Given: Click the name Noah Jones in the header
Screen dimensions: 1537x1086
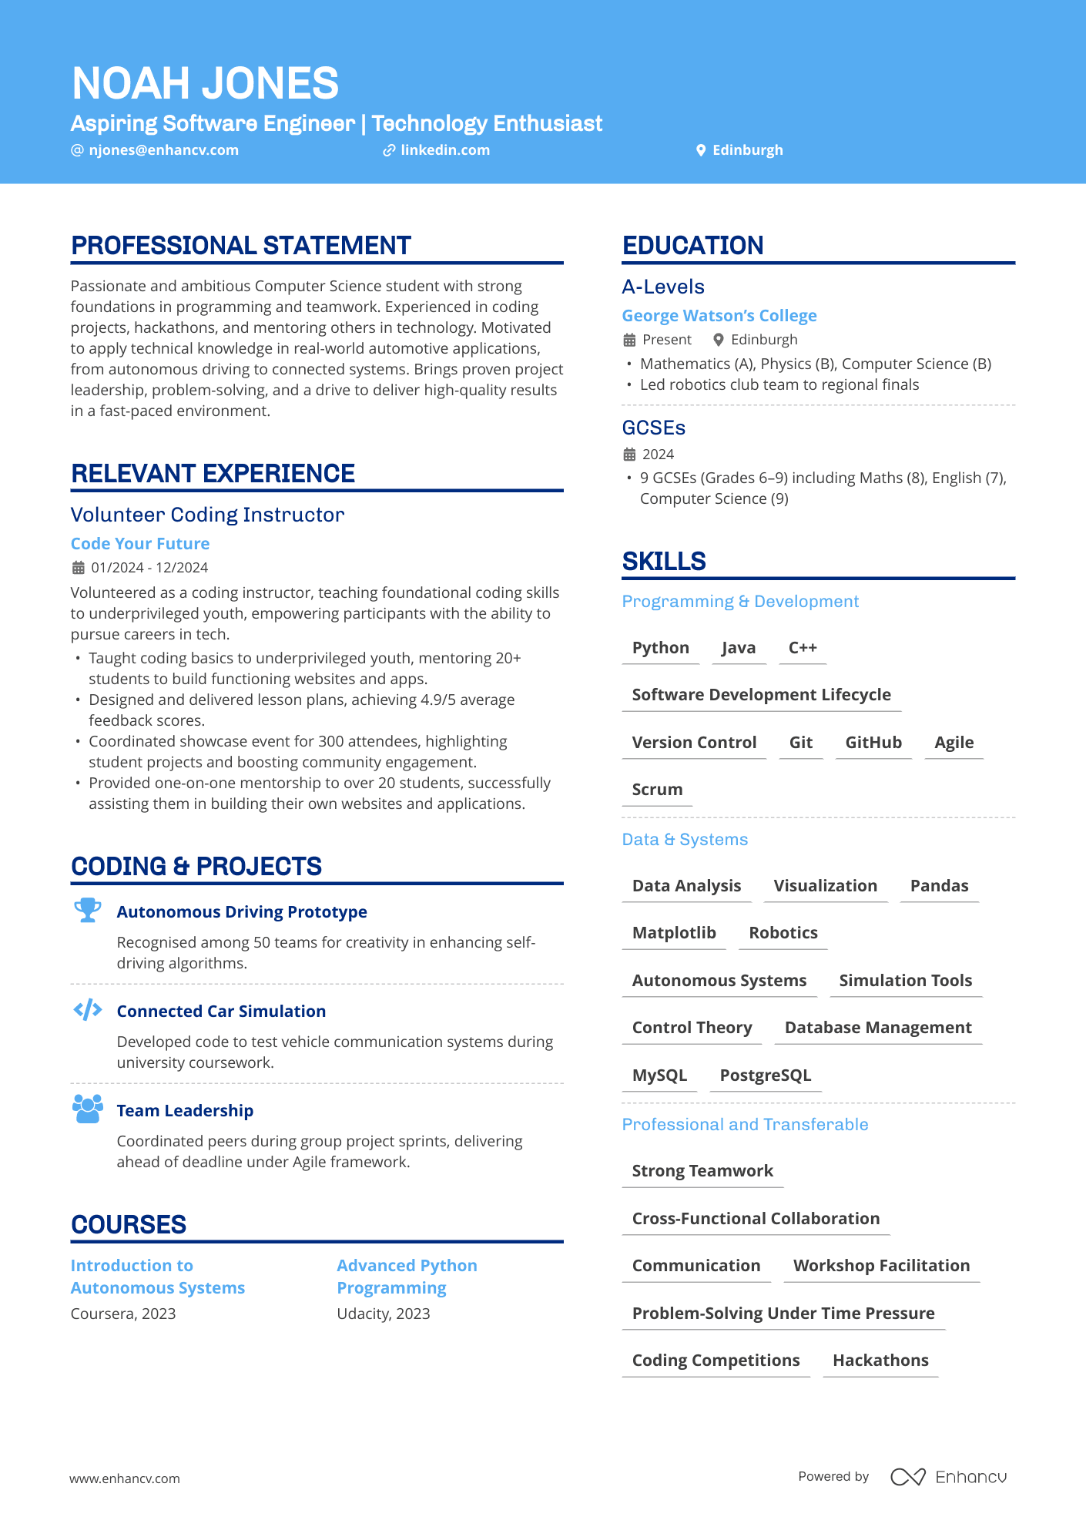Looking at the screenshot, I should tap(205, 83).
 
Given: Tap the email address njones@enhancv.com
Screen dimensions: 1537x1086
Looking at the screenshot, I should tap(163, 150).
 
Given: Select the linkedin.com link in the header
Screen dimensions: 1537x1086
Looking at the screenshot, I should tap(444, 150).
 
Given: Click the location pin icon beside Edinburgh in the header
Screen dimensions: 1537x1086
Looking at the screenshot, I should tap(701, 150).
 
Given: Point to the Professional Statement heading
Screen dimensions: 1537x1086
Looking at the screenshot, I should tap(241, 246).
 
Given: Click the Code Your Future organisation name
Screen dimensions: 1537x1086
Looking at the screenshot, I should tap(140, 544).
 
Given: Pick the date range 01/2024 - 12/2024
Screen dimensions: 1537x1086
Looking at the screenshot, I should tap(149, 568).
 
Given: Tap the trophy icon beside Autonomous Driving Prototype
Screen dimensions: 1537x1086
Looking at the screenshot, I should tap(88, 910).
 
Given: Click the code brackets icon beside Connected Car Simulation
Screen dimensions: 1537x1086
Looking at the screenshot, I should tap(88, 1009).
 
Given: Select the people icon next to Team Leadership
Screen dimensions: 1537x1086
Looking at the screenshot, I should tap(88, 1109).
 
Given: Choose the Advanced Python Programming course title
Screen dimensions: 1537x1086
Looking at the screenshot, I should tap(407, 1277).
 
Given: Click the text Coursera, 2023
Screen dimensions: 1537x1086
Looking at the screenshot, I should tap(123, 1314).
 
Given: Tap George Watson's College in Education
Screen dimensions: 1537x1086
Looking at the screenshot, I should tap(719, 316).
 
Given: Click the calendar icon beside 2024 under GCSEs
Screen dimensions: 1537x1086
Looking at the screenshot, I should tap(629, 455).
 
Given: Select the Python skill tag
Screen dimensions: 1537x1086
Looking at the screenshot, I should tap(660, 648).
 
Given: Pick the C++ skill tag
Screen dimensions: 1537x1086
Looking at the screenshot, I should tap(803, 648).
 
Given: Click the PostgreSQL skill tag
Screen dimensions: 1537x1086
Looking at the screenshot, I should tap(765, 1076).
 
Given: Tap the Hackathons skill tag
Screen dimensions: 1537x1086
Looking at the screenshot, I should tap(880, 1361).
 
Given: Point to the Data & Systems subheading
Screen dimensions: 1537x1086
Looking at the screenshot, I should tap(685, 840).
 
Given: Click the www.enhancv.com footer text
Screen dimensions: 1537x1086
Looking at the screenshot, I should tap(125, 1478).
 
